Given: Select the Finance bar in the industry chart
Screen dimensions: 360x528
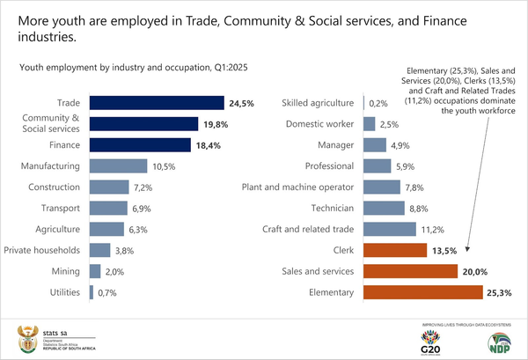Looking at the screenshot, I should point(139,144).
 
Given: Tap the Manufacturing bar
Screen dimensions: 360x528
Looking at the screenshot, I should point(117,165).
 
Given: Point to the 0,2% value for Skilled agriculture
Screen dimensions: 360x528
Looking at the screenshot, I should point(378,103).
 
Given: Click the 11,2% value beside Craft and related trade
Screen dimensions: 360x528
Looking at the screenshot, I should point(429,229).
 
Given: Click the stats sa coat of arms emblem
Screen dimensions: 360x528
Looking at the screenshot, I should point(26,335).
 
